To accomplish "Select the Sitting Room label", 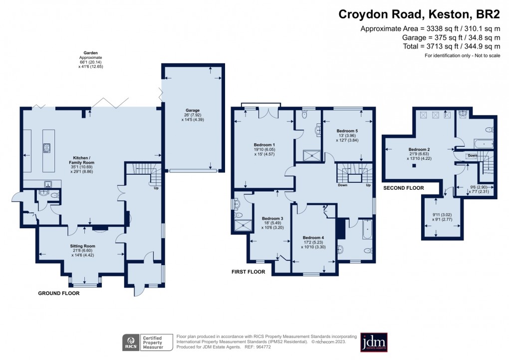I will coord(82,246).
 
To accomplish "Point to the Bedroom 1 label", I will coord(264,145).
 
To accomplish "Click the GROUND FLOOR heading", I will coord(59,294).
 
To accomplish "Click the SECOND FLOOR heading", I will coord(403,188).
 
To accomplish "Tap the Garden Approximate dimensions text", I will coord(90,59).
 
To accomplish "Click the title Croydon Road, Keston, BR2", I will coord(419,14).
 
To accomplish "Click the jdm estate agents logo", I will coord(374,343).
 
